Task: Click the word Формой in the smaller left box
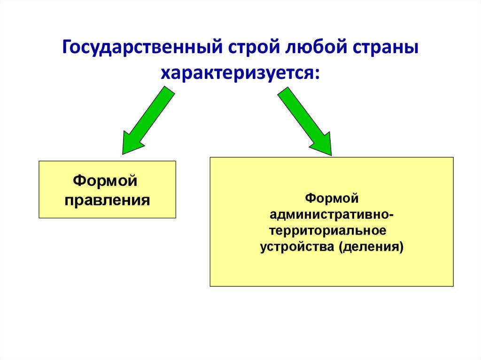click(x=107, y=181)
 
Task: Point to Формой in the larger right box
click(x=332, y=199)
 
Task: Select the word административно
click(x=329, y=215)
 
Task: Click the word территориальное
click(x=329, y=231)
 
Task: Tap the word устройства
click(x=296, y=247)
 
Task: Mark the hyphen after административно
click(x=392, y=215)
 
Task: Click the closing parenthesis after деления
click(x=401, y=247)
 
